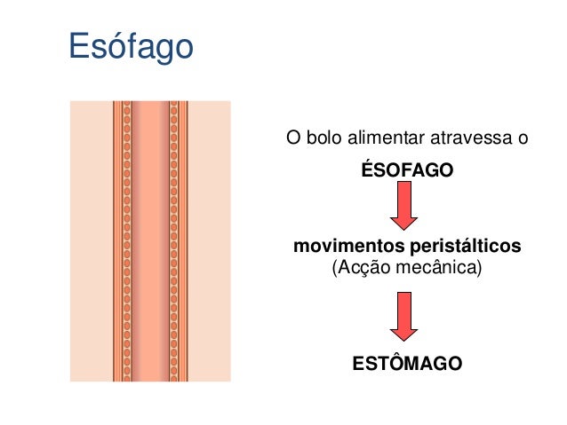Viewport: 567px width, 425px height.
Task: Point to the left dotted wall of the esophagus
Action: (x=126, y=240)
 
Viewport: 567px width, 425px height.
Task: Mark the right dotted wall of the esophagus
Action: (x=174, y=240)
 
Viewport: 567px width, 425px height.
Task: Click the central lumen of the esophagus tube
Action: (x=150, y=240)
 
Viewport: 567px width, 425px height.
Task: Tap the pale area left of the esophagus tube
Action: (x=92, y=240)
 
